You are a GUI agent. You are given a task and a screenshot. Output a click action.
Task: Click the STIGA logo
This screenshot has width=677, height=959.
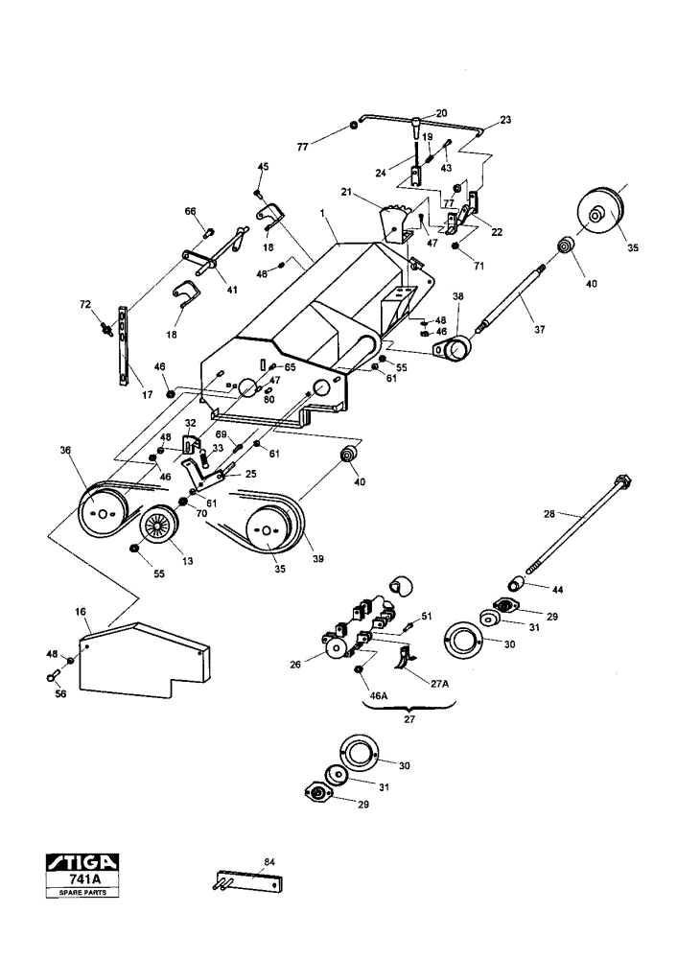(82, 862)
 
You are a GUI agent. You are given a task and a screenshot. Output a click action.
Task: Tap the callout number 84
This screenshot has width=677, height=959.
(269, 862)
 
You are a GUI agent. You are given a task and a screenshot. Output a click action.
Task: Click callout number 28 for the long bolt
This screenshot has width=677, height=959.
(549, 514)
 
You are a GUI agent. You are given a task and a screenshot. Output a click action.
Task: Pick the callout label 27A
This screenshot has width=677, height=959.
(439, 684)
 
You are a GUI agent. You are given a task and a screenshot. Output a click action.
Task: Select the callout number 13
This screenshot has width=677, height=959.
(187, 560)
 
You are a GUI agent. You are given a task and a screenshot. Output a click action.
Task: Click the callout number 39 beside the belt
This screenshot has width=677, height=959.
(318, 558)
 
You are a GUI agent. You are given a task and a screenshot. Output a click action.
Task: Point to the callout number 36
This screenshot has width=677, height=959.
(65, 450)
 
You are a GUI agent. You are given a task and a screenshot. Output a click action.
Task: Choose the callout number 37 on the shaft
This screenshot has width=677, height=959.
(540, 329)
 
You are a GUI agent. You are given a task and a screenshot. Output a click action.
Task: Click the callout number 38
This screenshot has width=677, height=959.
(457, 296)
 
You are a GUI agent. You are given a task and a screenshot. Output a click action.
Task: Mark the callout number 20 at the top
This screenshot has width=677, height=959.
(441, 113)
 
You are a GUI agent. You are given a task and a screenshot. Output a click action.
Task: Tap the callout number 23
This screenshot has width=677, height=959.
(505, 120)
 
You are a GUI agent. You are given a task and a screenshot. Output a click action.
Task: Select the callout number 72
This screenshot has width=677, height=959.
(85, 303)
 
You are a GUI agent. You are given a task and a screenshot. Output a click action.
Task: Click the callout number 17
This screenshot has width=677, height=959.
(147, 395)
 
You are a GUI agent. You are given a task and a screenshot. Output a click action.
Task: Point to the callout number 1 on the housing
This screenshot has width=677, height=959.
(321, 213)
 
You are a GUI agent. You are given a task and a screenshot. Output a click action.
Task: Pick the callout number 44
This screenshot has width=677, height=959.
(557, 590)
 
